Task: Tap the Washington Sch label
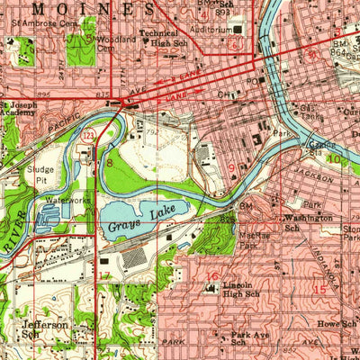tap(308, 222)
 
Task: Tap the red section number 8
tap(110, 163)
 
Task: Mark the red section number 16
tap(213, 276)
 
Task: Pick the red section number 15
tap(319, 289)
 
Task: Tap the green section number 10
tap(335, 159)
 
